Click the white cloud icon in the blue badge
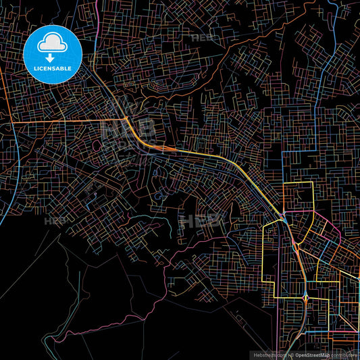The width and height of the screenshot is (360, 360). [x=52, y=45]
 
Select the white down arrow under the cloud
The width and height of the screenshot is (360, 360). [x=52, y=56]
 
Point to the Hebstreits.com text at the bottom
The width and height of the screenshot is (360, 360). [x=268, y=355]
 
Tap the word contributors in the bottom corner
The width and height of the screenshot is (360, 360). [x=344, y=355]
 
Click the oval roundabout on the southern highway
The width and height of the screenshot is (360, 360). [x=306, y=297]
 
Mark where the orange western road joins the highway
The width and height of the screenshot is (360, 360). [x=127, y=120]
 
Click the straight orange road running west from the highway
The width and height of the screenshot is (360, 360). [x=68, y=122]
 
